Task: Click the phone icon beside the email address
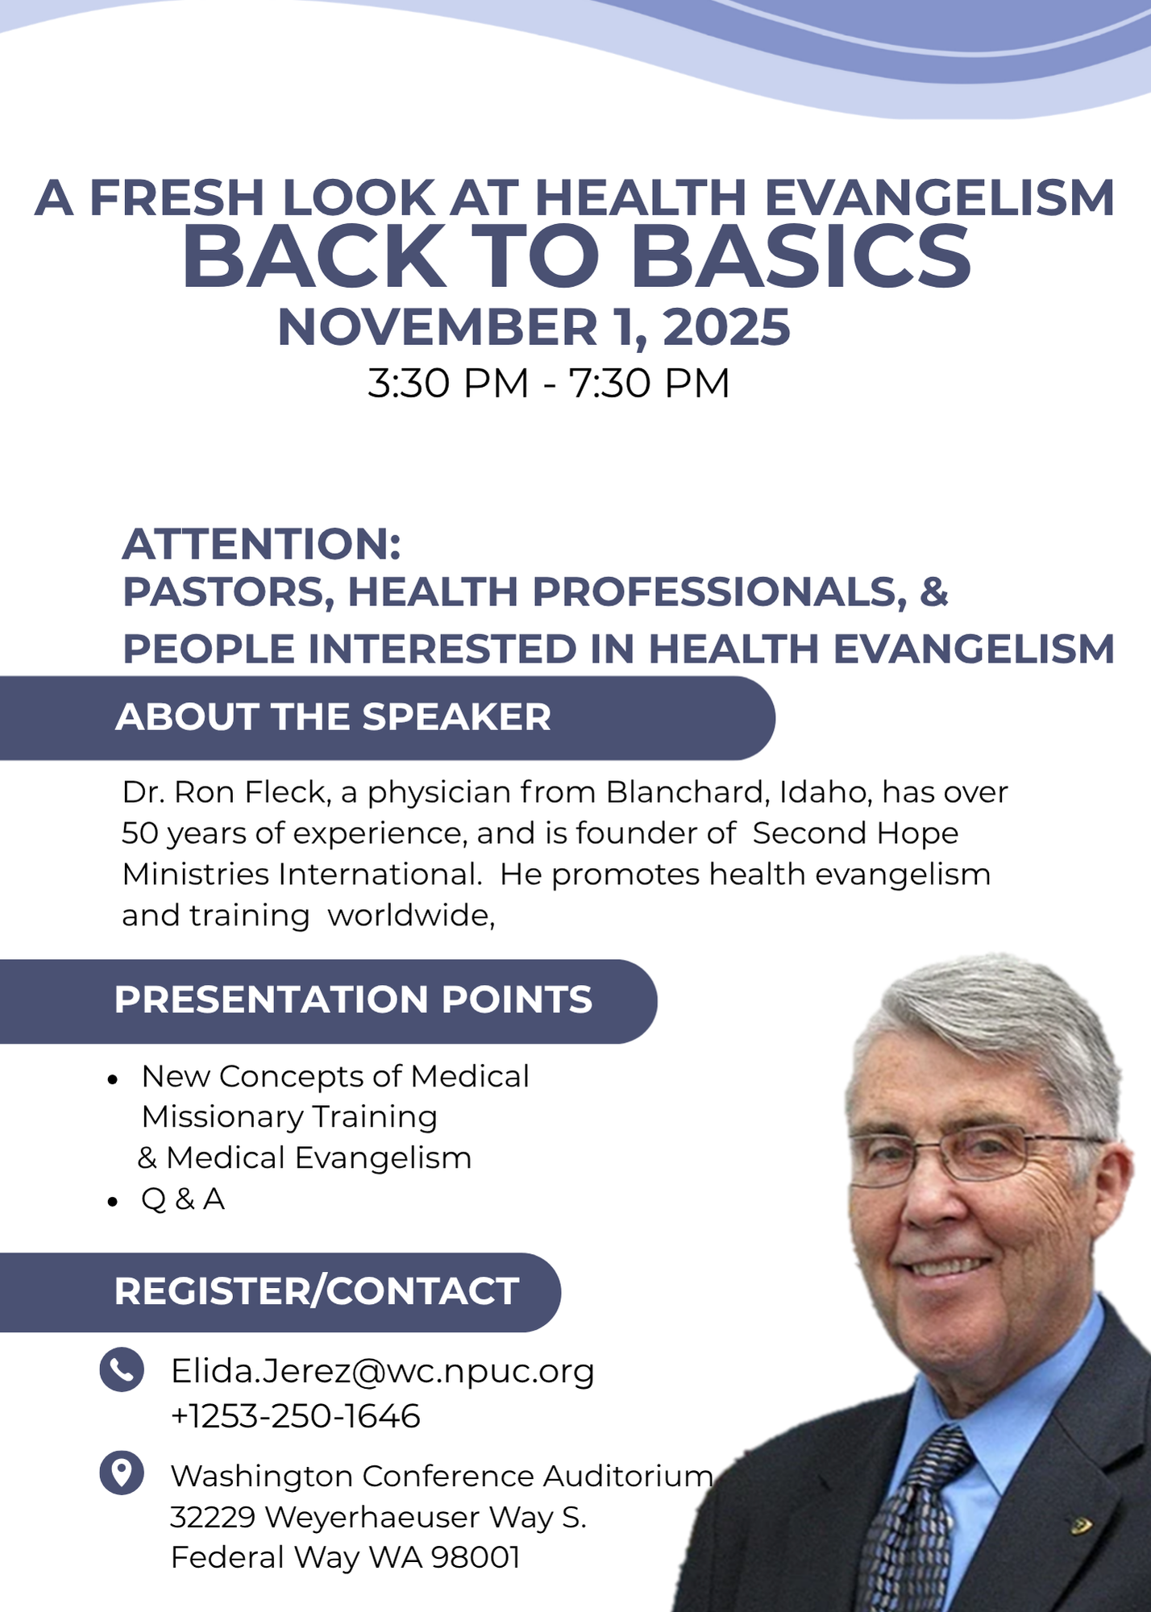[122, 1369]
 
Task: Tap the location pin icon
[122, 1473]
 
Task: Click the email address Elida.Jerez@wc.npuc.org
[382, 1372]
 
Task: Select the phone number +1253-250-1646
[295, 1416]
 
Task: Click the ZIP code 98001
[476, 1557]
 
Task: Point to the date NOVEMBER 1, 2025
[534, 327]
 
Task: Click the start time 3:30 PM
[448, 383]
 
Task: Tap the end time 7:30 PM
[649, 383]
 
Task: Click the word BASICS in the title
[801, 257]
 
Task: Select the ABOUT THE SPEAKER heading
[333, 717]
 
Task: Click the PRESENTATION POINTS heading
[353, 999]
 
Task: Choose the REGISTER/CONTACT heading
[316, 1291]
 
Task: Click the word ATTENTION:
[261, 544]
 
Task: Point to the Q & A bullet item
[182, 1199]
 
